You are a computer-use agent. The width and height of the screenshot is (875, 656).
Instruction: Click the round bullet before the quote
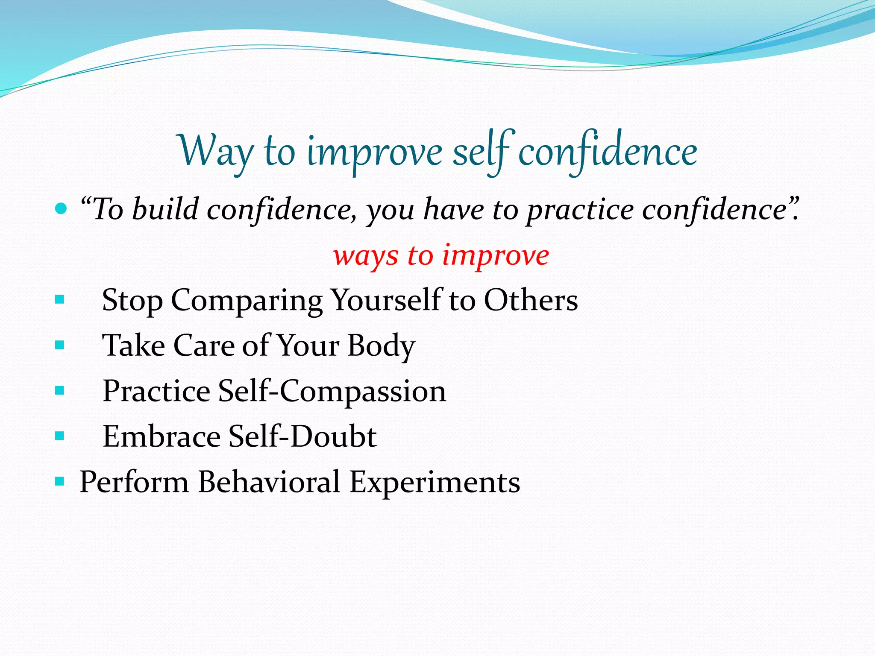[62, 209]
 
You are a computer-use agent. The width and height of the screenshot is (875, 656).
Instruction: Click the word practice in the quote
[580, 210]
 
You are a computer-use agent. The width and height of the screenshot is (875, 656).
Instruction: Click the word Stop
[132, 301]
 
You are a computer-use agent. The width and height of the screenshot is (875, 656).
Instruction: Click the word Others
[531, 300]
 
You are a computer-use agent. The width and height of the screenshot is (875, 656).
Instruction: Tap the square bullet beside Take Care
[60, 345]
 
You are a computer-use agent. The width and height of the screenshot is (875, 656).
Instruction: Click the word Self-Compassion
[332, 391]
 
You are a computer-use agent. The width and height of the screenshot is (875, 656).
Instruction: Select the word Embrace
[161, 436]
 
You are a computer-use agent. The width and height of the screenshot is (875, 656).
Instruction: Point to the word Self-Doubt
[302, 436]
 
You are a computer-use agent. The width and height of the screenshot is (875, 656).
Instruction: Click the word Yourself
[387, 301]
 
